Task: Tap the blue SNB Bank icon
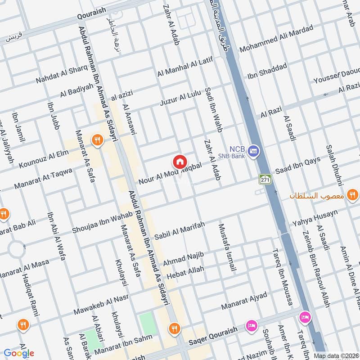coord(254,150)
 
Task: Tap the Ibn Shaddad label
coord(267,71)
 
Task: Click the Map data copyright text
coord(336,355)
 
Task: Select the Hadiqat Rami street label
coord(31,289)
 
